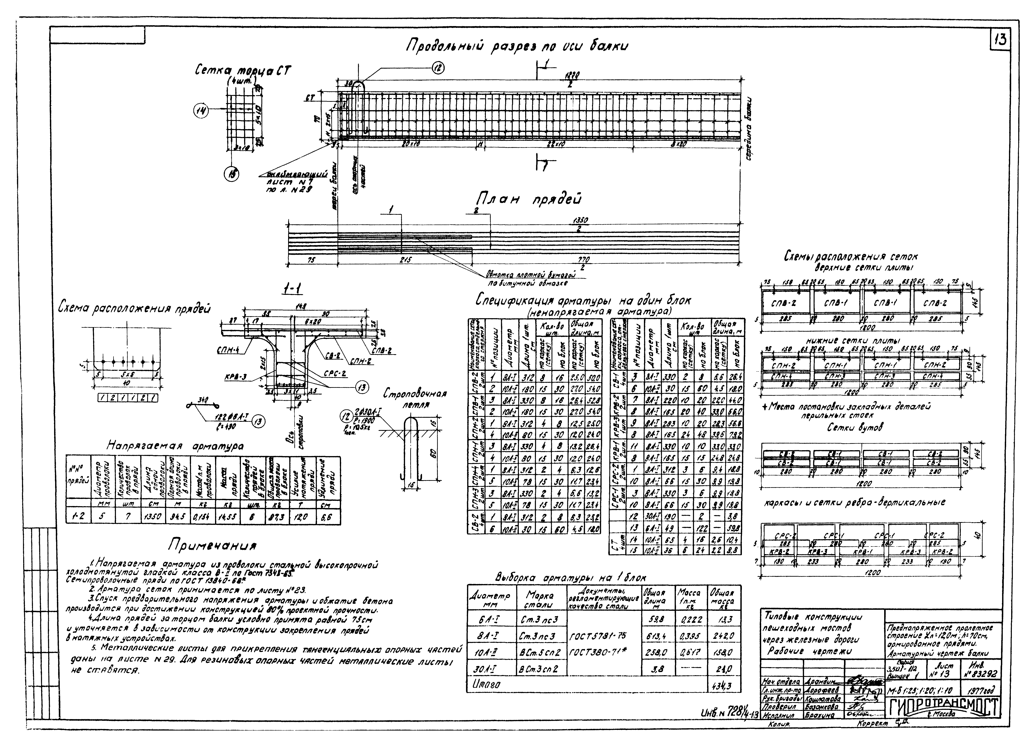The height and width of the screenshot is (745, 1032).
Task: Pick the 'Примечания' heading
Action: point(213,545)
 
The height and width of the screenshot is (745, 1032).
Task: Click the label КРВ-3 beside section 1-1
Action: point(236,377)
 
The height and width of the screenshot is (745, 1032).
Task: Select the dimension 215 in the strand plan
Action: point(405,260)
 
